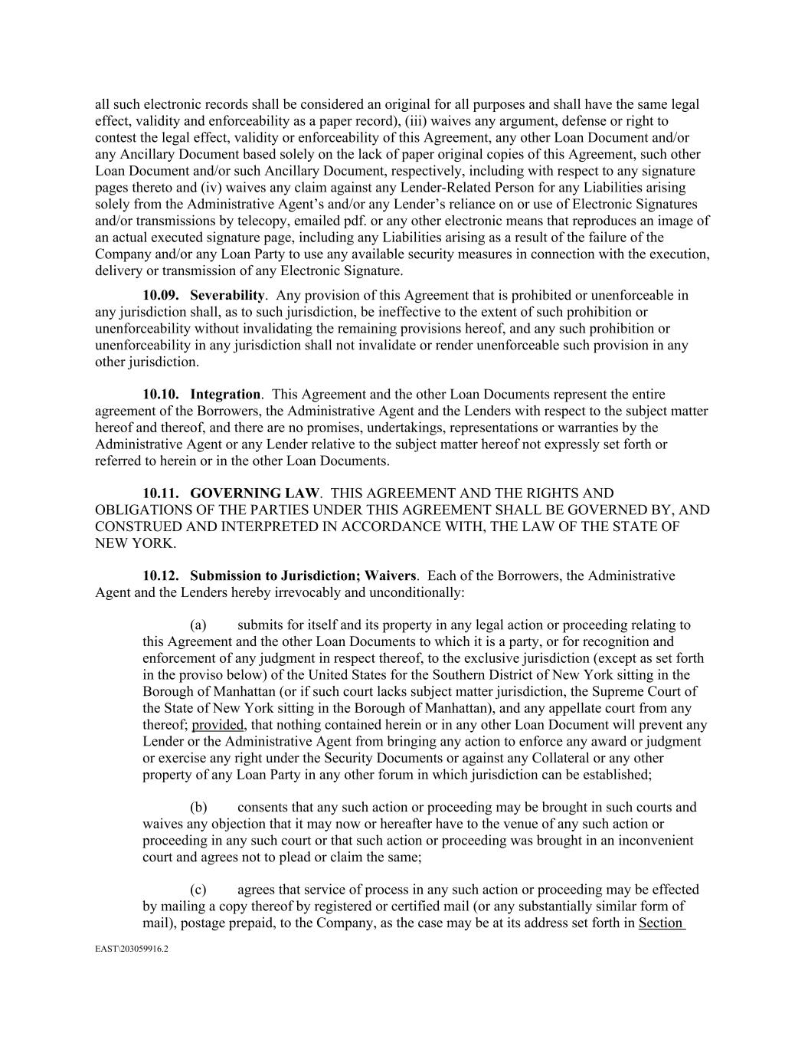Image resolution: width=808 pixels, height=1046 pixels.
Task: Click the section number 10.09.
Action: coord(161,295)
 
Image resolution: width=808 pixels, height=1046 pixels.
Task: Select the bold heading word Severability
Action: coord(227,295)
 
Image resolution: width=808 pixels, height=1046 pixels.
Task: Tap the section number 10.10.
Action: coord(161,394)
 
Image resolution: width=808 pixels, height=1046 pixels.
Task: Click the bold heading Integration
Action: coord(225,394)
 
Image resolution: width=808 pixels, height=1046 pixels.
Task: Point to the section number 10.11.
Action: coord(161,493)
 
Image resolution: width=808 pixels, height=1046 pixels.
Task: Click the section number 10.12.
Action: coord(161,575)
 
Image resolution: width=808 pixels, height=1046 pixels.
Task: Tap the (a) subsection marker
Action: coord(198,625)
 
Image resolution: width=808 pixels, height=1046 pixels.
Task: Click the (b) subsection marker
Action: coord(198,807)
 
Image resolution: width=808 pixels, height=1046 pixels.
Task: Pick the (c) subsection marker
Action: coord(198,890)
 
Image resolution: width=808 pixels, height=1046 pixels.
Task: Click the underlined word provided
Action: coord(218,725)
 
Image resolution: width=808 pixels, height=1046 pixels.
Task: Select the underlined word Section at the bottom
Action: coord(660,923)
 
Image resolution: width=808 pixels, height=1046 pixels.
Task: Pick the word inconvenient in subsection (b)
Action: coord(656,840)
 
